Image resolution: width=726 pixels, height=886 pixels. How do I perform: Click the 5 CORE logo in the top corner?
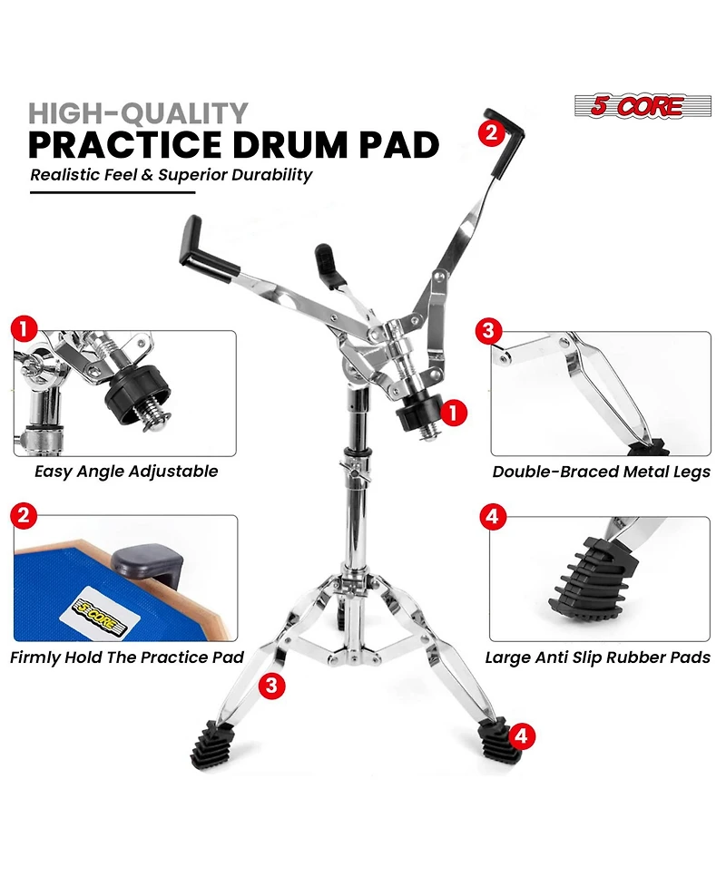(637, 105)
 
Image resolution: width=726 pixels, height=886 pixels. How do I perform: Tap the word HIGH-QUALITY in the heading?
(138, 113)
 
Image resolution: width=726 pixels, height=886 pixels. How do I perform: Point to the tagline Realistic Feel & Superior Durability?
(171, 175)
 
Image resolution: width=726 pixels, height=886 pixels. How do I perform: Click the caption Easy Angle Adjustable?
(126, 471)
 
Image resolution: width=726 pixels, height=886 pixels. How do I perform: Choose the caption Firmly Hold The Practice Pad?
(127, 657)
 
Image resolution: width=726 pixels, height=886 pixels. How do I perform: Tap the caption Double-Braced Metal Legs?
(601, 472)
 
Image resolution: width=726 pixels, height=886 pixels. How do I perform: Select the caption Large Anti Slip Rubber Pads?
(597, 657)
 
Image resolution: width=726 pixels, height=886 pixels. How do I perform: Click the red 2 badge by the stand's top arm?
(491, 132)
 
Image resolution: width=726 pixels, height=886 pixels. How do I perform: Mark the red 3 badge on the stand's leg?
(270, 685)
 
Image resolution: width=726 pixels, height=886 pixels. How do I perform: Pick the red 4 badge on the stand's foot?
(518, 735)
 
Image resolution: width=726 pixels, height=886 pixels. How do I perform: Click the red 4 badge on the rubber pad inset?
(491, 518)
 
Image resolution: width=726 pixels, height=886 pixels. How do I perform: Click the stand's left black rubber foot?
(211, 745)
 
